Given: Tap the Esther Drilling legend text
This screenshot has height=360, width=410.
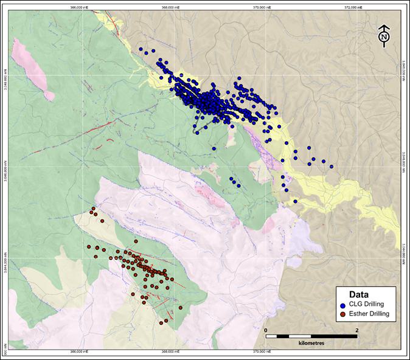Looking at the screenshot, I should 368,314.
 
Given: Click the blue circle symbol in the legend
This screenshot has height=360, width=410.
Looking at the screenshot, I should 343,305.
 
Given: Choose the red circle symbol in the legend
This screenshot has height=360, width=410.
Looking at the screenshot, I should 343,314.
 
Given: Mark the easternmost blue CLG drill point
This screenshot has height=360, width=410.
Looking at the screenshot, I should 332,167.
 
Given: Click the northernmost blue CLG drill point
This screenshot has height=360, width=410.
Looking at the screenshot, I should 141,50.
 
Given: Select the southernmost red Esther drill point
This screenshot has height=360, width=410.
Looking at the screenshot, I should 164,323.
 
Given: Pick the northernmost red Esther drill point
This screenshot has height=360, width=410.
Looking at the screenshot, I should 93,209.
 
